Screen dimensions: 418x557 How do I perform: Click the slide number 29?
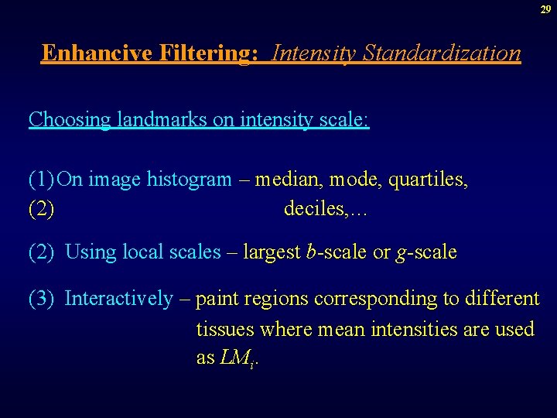[545, 9]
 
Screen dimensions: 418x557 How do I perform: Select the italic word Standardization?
[442, 53]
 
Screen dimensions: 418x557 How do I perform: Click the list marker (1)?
[42, 180]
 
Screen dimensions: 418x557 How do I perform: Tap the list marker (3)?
[42, 298]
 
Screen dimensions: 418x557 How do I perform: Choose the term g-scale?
[425, 252]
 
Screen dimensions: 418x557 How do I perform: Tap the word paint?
[218, 299]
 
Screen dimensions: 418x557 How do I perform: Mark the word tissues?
[225, 329]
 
